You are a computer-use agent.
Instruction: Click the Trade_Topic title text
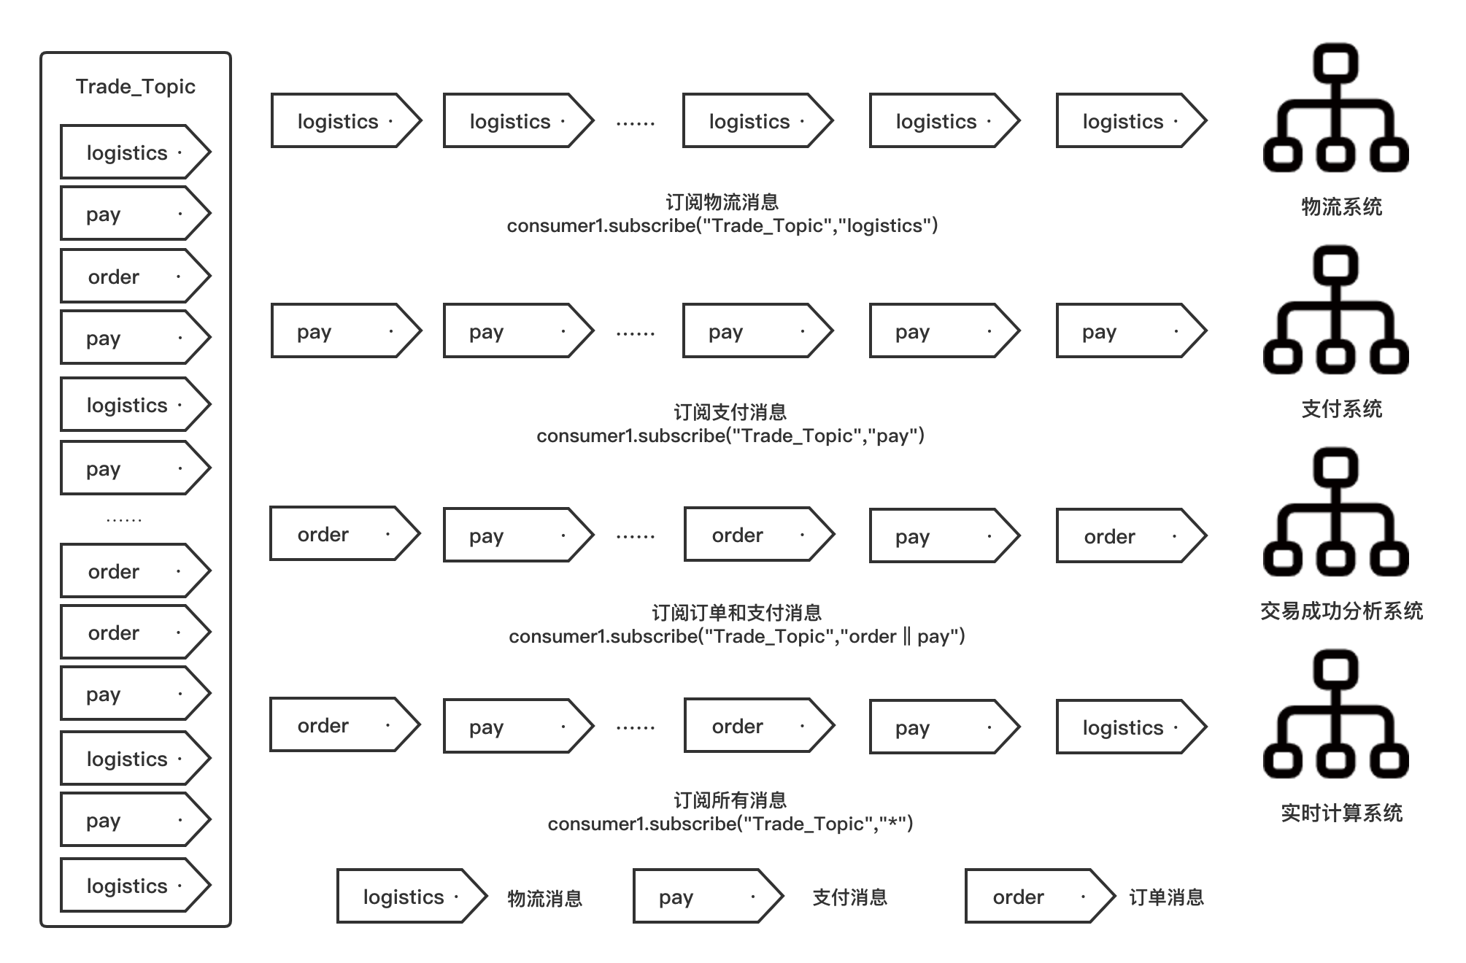pos(136,87)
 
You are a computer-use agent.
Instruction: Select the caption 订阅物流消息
pos(722,202)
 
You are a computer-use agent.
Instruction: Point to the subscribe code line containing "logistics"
pos(722,226)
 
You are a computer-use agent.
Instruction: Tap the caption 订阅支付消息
pos(730,412)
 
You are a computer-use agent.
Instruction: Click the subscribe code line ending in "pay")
pos(730,436)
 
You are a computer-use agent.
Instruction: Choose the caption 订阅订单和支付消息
pos(736,612)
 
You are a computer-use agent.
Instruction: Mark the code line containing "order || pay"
pos(736,636)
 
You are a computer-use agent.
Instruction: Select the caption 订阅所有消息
pos(730,800)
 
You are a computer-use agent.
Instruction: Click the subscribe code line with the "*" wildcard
pos(730,824)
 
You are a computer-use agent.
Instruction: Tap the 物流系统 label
pos(1341,206)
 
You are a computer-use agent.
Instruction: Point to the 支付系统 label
pos(1341,409)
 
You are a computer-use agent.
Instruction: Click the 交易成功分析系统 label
pos(1341,611)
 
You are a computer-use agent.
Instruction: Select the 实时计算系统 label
pos(1341,813)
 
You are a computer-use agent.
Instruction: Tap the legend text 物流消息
pos(544,898)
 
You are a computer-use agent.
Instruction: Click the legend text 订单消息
pos(1166,897)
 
